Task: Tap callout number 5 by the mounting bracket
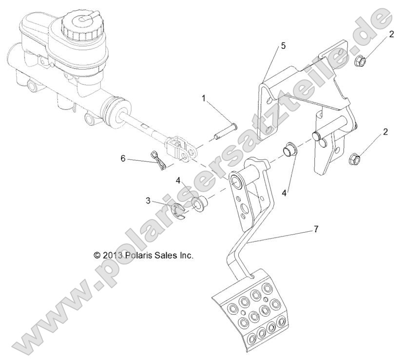283,46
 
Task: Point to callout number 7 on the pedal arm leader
316,229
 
